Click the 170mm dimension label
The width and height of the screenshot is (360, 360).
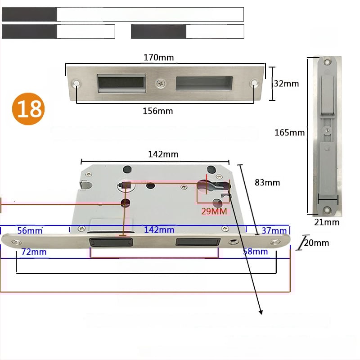pos(159,58)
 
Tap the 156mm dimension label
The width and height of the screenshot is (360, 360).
pos(158,111)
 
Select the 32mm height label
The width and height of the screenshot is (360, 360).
pos(286,84)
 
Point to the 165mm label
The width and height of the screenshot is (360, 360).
pos(289,132)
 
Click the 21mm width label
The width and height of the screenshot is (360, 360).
pos(327,222)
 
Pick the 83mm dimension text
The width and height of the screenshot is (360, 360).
pos(267,183)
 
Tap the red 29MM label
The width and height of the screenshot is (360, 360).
pos(214,211)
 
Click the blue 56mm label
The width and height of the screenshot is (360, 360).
pos(30,230)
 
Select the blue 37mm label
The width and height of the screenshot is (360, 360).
pos(274,230)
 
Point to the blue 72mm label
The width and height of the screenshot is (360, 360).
pos(34,252)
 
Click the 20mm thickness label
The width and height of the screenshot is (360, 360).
pos(317,243)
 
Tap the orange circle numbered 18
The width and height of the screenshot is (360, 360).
pos(28,109)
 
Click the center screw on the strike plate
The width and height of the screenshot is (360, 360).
pos(161,83)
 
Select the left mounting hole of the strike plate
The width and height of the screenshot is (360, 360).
pos(76,83)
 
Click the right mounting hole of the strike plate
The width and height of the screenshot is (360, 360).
pos(254,83)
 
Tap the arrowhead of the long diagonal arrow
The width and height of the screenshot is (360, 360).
pos(261,312)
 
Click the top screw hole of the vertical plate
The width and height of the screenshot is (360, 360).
pos(327,62)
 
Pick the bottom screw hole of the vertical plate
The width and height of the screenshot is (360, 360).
pos(327,210)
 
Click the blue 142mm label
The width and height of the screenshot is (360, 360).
pos(159,230)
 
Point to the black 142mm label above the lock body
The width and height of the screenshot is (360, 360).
pos(163,154)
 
